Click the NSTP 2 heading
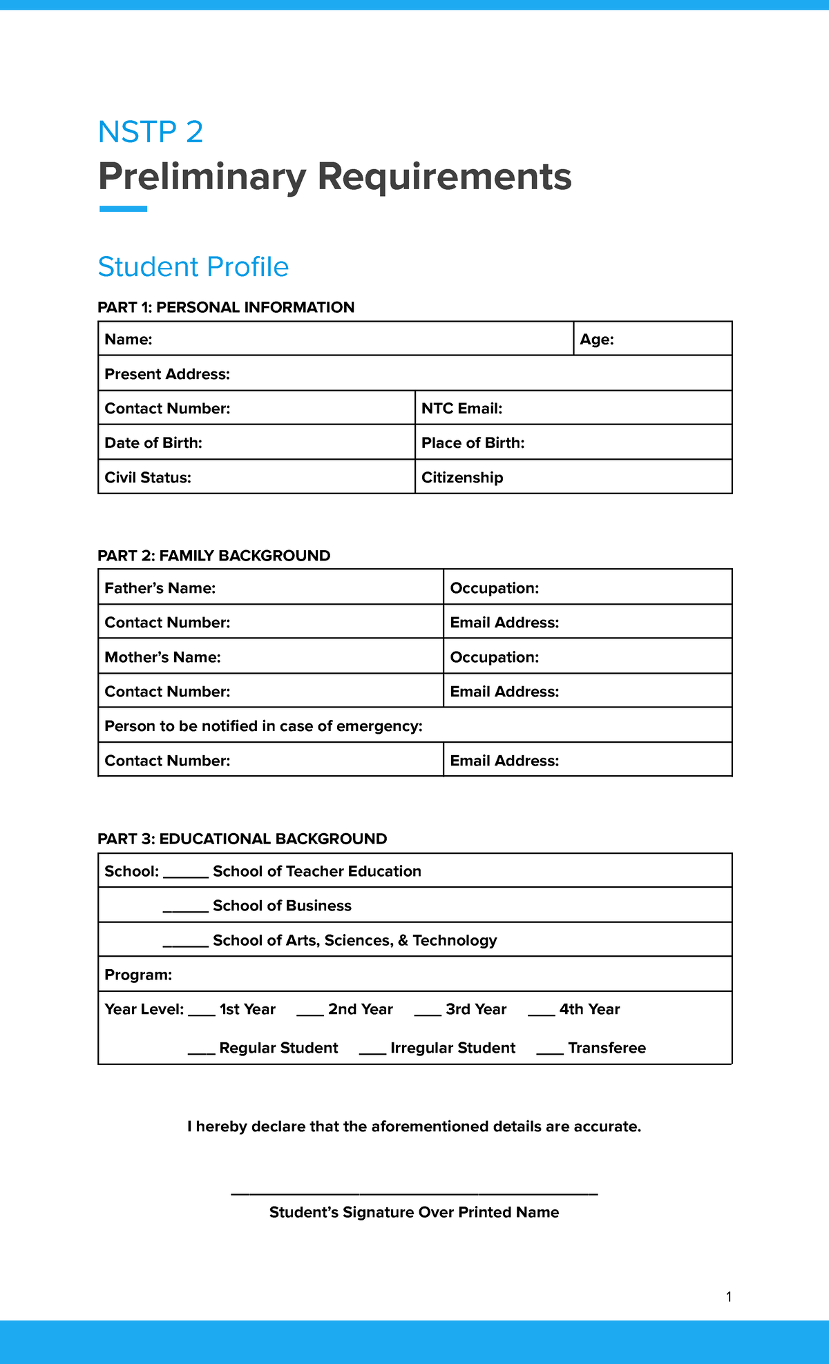(x=151, y=132)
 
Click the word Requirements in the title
(x=444, y=177)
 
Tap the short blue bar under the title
(x=123, y=208)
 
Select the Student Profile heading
(x=193, y=267)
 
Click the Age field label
(x=597, y=340)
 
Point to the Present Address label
(x=167, y=374)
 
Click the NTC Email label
(x=461, y=409)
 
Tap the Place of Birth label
(x=473, y=443)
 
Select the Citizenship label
(x=462, y=478)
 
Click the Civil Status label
(x=147, y=478)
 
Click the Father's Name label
(x=160, y=588)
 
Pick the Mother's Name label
(x=162, y=657)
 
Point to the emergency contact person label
(x=263, y=726)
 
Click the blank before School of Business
(x=185, y=910)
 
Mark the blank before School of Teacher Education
(x=185, y=876)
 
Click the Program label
(x=138, y=975)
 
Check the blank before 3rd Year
(x=428, y=1014)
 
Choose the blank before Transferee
(x=550, y=1053)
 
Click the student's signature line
(x=414, y=1193)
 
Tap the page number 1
(x=729, y=1297)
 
